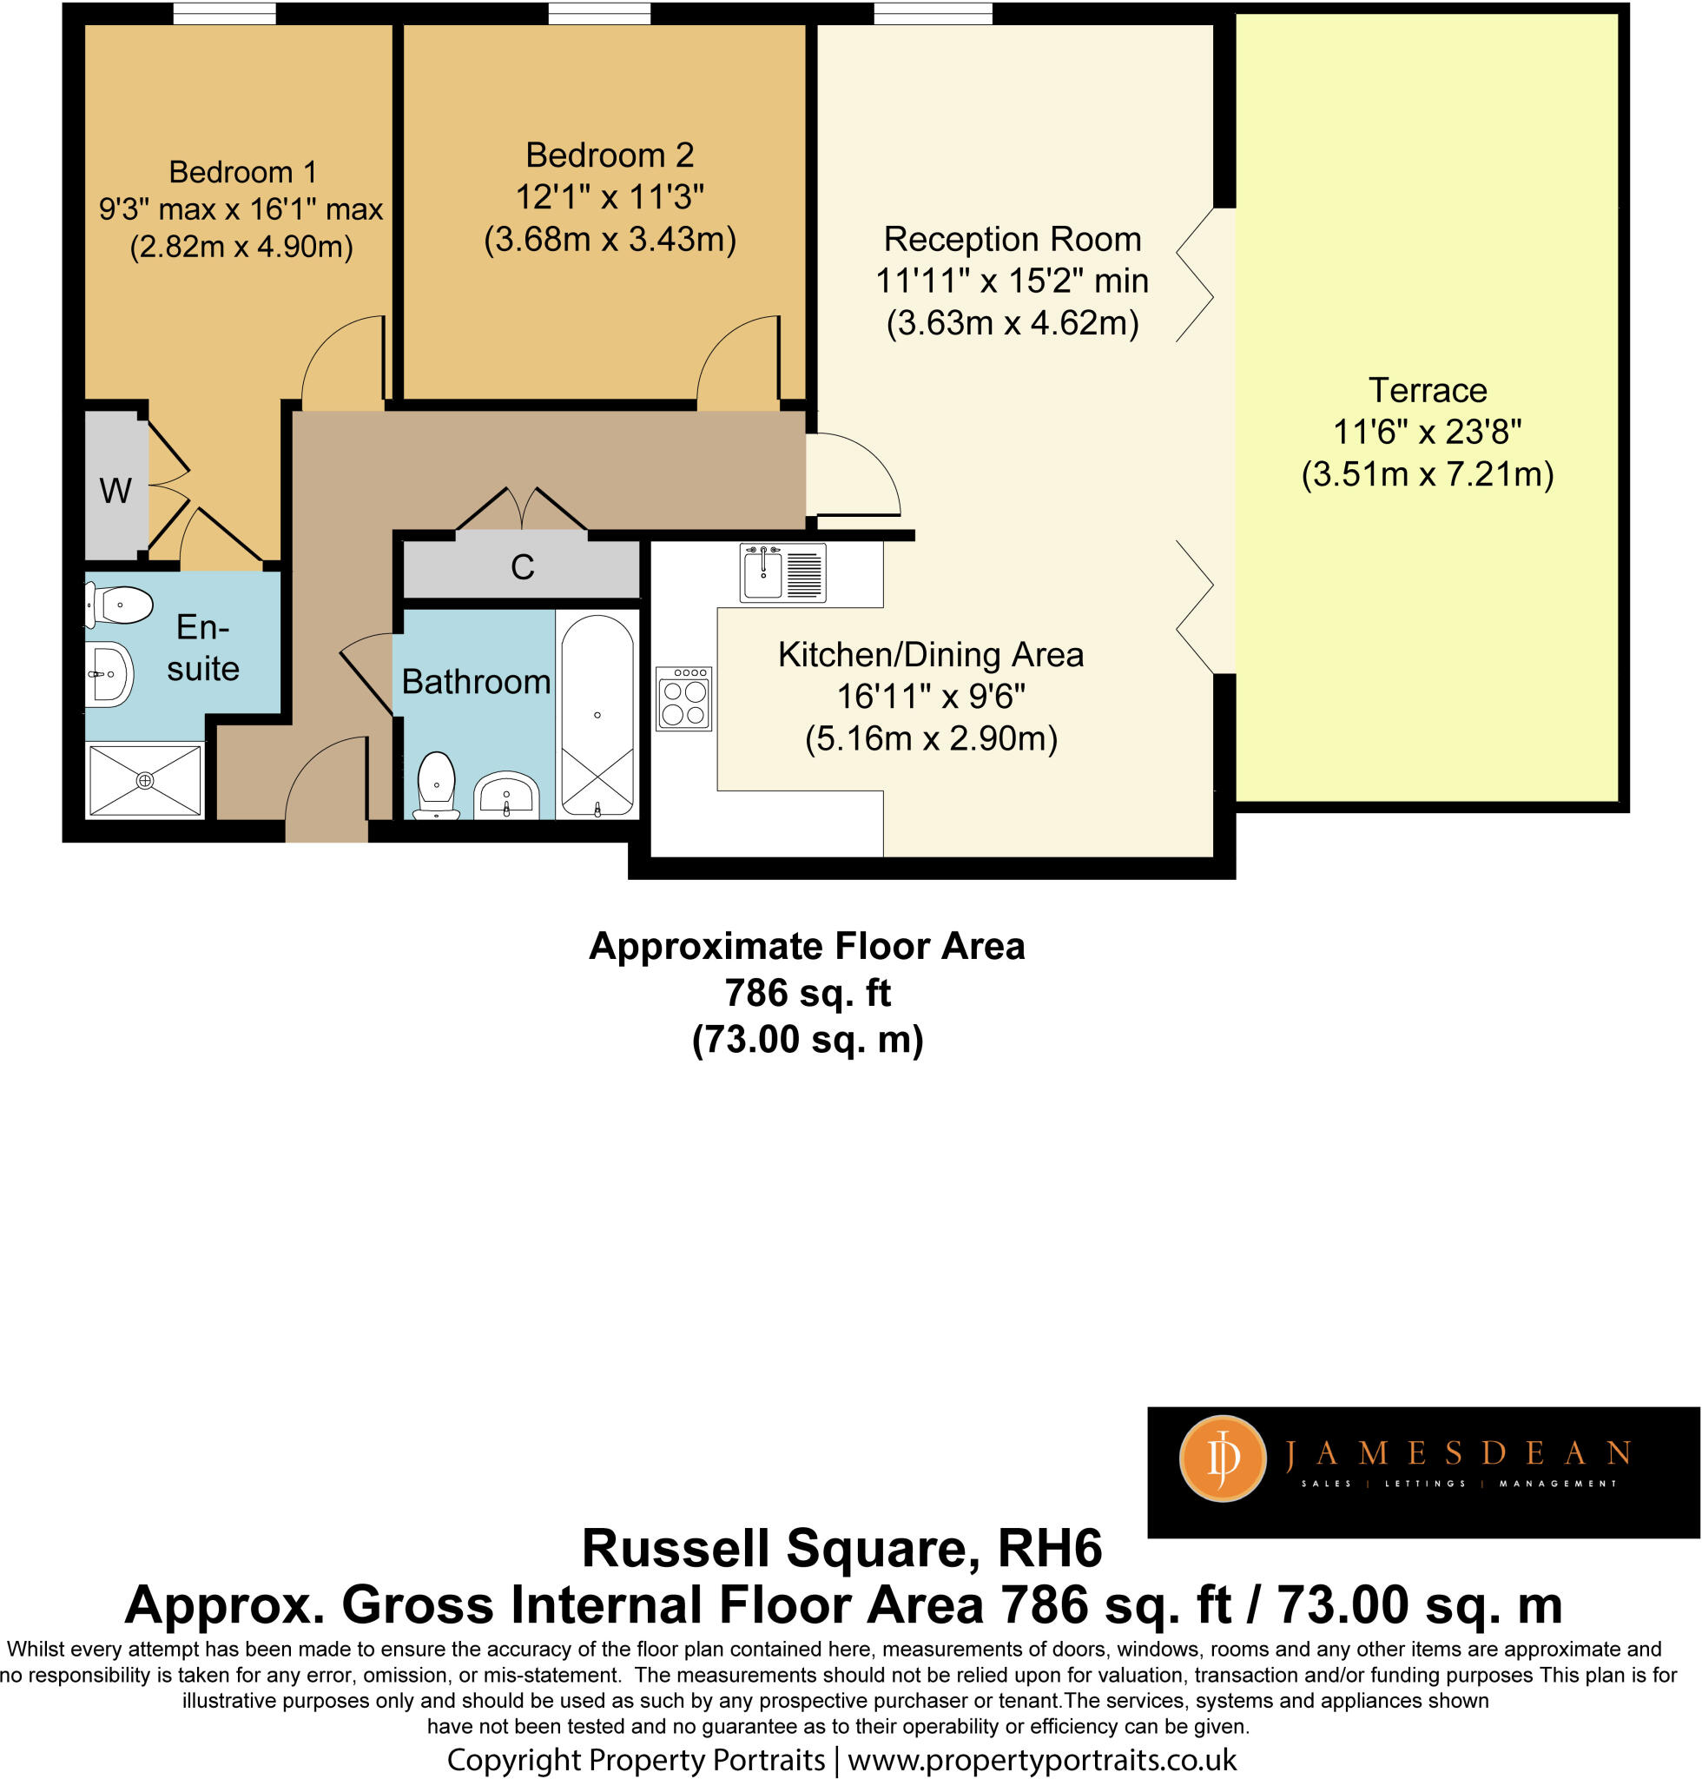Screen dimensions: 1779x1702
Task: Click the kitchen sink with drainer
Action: pos(783,572)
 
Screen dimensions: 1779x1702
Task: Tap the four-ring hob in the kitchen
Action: pos(684,699)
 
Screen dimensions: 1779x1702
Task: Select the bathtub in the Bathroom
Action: pos(597,715)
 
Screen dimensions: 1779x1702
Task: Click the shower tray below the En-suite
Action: pos(145,780)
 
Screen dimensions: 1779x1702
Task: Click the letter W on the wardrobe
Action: pos(115,491)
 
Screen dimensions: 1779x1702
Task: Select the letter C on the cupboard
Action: pos(523,567)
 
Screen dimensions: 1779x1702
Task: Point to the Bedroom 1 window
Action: pos(224,14)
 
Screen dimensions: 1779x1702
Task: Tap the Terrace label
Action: pos(1427,390)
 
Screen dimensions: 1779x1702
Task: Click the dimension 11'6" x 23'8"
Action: pos(1427,432)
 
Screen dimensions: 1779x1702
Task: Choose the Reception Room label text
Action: pos(1013,240)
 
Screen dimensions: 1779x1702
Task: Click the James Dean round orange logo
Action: pos(1221,1458)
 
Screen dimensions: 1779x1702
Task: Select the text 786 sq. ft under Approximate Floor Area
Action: pos(808,993)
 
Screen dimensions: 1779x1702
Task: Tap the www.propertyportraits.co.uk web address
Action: pos(1041,1760)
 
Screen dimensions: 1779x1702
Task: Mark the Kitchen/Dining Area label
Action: pos(931,654)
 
